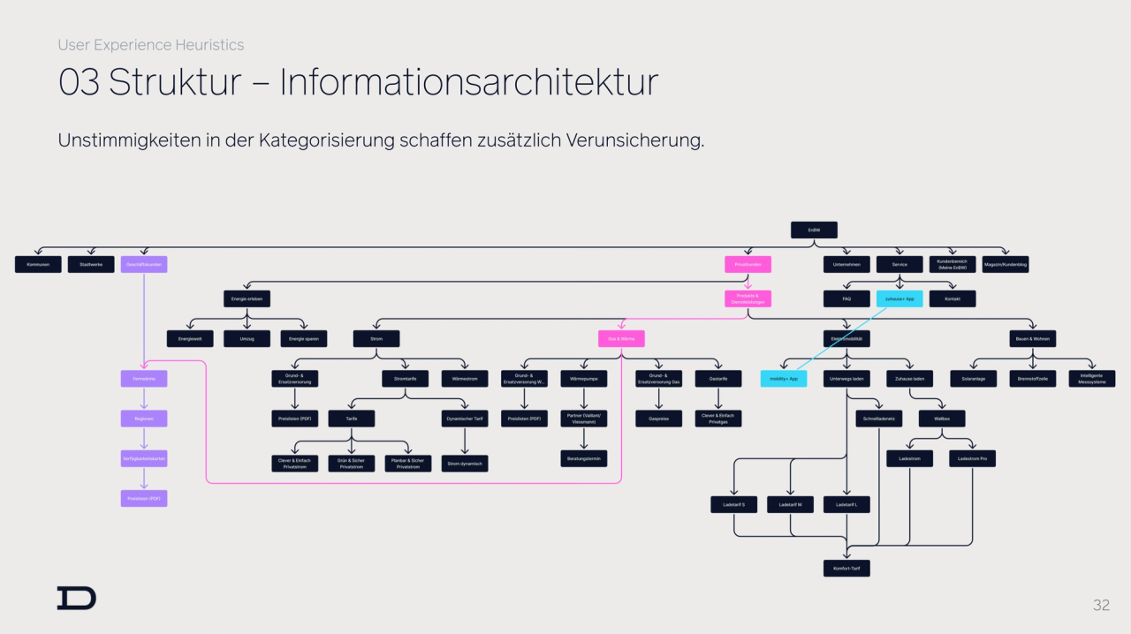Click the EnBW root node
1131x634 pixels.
pyautogui.click(x=813, y=230)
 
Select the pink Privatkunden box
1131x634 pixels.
pyautogui.click(x=748, y=264)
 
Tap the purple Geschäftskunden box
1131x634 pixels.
pyautogui.click(x=143, y=264)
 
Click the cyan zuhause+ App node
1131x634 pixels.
pyautogui.click(x=899, y=298)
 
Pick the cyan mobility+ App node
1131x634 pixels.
pyautogui.click(x=783, y=378)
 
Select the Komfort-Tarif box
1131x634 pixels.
pyautogui.click(x=846, y=568)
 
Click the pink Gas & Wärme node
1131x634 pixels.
pyautogui.click(x=620, y=338)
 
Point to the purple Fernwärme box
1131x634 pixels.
pyautogui.click(x=143, y=378)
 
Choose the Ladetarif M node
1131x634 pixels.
pyautogui.click(x=790, y=504)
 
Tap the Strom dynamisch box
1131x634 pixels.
pyautogui.click(x=465, y=463)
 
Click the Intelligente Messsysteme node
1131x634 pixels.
pyautogui.click(x=1091, y=378)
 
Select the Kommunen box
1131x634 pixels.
pyautogui.click(x=38, y=264)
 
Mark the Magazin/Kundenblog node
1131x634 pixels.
pyautogui.click(x=1006, y=264)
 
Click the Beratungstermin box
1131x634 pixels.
pyautogui.click(x=583, y=458)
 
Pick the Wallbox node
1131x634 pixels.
pyautogui.click(x=942, y=419)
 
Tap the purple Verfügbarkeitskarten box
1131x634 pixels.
pyautogui.click(x=143, y=458)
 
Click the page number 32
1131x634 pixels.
pyautogui.click(x=1101, y=605)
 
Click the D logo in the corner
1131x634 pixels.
pyautogui.click(x=77, y=598)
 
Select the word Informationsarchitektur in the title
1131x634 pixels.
pyautogui.click(x=469, y=82)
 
